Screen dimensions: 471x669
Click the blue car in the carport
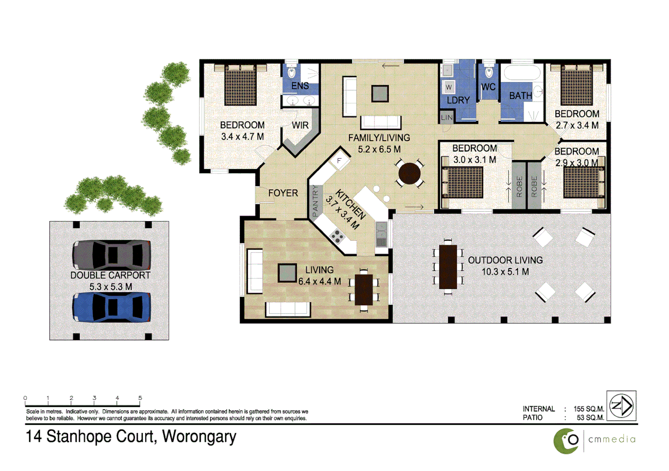[112, 307]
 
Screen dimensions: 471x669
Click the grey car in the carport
[112, 255]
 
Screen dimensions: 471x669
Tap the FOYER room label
[283, 193]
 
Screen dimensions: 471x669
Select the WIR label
[300, 126]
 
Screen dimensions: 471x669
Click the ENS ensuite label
[300, 86]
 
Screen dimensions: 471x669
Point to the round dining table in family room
[409, 174]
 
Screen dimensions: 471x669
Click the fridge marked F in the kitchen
[339, 161]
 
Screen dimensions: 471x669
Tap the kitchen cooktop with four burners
[337, 237]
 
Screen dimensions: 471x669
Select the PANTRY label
[315, 201]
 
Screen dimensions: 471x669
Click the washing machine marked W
[449, 87]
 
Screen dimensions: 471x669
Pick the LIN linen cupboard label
[446, 117]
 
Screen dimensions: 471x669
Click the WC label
[488, 87]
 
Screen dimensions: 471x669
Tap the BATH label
[520, 96]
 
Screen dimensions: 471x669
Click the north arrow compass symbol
[621, 406]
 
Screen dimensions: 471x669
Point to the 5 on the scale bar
[140, 398]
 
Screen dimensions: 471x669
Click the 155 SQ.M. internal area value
[589, 409]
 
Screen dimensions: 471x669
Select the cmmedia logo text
[611, 439]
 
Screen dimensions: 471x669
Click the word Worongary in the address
[199, 437]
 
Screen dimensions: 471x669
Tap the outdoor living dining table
[448, 266]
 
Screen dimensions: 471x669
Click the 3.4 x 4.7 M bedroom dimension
[242, 137]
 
